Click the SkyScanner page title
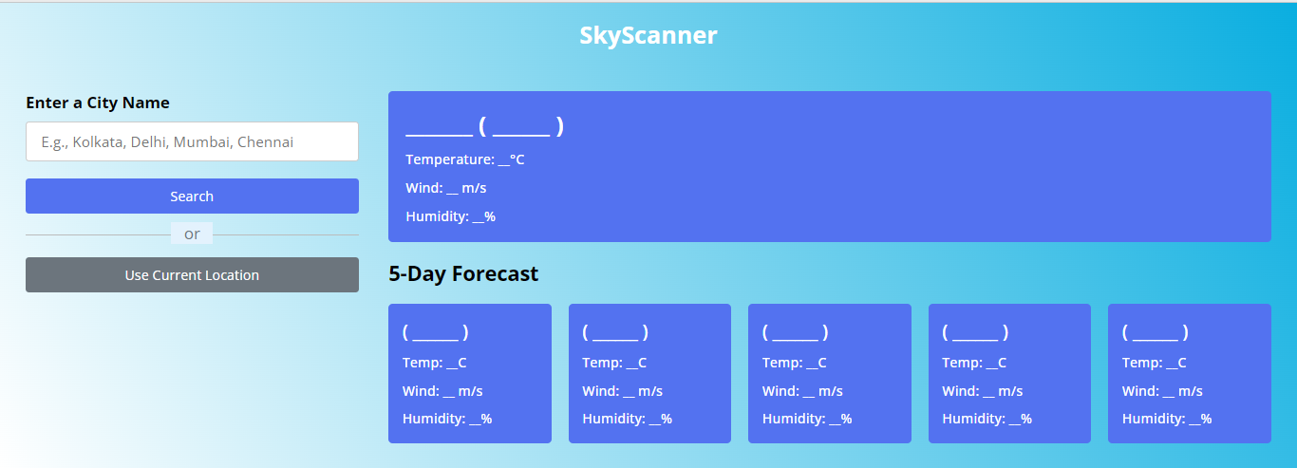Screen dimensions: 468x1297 click(648, 36)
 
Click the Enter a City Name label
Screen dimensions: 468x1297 click(98, 103)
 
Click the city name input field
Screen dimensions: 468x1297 click(192, 141)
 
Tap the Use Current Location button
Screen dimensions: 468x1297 click(192, 275)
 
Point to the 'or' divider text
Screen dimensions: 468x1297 click(192, 234)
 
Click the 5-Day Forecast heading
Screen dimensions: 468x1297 click(463, 274)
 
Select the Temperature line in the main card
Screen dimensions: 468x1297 click(465, 159)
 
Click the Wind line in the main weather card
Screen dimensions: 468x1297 click(446, 188)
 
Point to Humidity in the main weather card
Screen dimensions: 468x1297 click(451, 216)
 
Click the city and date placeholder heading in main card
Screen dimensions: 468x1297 click(485, 126)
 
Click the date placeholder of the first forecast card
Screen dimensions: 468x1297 click(436, 332)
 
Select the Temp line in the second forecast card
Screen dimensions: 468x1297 click(614, 363)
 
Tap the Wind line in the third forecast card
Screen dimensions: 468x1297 click(802, 391)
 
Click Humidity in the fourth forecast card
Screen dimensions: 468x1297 click(987, 419)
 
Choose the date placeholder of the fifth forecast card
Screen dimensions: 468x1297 click(1156, 332)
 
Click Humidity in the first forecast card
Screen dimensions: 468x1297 click(447, 419)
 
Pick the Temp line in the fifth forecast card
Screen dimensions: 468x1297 click(1155, 363)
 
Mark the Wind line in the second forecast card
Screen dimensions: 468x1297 click(623, 391)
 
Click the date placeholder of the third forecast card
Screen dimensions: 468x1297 click(796, 332)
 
